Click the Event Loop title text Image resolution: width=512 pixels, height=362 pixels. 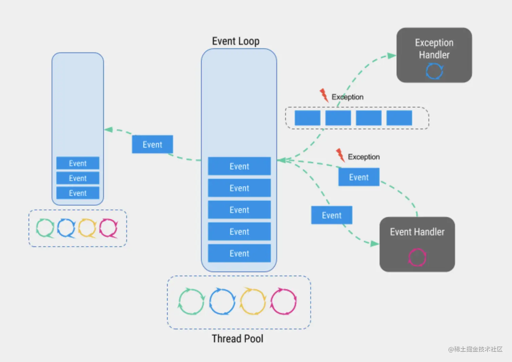(x=236, y=41)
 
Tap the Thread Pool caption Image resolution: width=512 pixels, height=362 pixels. (x=237, y=339)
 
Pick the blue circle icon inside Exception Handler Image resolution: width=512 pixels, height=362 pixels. (x=434, y=71)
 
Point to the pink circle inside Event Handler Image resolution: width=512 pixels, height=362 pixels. (x=417, y=257)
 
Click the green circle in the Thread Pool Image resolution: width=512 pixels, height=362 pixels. (x=191, y=301)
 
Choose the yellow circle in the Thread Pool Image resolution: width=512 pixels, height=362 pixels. (x=253, y=301)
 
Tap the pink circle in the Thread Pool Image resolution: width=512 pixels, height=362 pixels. (x=284, y=301)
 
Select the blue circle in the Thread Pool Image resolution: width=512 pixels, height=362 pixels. (x=222, y=301)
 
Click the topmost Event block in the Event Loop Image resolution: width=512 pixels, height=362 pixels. (x=239, y=166)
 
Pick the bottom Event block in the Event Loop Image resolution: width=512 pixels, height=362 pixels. (x=239, y=253)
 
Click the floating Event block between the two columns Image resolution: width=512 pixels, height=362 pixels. (x=152, y=144)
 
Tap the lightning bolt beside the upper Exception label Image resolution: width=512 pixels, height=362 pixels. (x=324, y=95)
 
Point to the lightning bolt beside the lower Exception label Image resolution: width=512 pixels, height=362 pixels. (x=340, y=155)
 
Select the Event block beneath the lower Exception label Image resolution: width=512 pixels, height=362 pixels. (x=359, y=177)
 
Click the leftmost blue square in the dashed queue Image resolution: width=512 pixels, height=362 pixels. (x=307, y=118)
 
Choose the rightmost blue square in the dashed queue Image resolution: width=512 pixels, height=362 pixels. (x=399, y=118)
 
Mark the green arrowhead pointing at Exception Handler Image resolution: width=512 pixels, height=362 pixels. (x=391, y=56)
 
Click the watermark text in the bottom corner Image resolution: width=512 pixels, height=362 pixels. (x=475, y=349)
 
